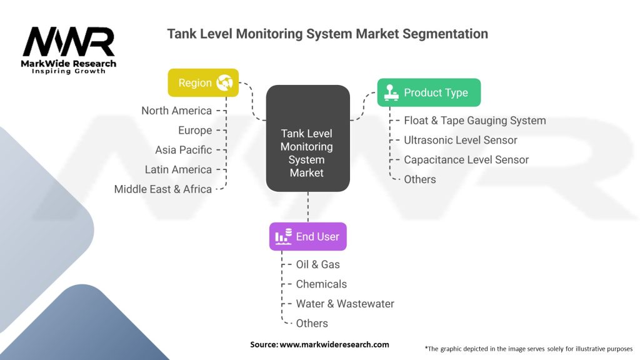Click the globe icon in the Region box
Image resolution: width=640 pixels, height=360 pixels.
[224, 82]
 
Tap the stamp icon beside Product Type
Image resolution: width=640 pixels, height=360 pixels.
[391, 92]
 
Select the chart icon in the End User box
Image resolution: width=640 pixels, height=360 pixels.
[283, 236]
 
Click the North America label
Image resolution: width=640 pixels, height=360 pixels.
[176, 111]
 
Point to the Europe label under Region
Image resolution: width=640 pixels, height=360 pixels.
[195, 130]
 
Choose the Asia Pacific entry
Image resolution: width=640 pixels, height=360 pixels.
[183, 150]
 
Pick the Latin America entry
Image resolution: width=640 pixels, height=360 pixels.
[178, 169]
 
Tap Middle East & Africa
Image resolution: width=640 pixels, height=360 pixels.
[163, 189]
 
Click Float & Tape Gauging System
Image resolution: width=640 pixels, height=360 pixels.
[475, 121]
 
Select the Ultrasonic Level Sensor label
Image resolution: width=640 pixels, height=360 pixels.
[461, 140]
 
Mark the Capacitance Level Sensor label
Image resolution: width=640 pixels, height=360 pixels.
[466, 159]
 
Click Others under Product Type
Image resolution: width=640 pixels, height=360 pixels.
[419, 179]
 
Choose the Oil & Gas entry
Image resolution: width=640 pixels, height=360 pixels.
[317, 264]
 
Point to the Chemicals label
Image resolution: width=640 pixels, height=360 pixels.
[321, 284]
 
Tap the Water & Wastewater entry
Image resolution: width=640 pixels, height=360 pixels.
[345, 304]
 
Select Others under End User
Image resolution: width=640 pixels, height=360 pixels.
[312, 323]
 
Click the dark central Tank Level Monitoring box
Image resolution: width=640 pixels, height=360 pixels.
[307, 138]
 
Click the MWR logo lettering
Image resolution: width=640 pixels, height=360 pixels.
[69, 42]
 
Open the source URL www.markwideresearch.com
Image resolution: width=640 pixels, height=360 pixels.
[334, 344]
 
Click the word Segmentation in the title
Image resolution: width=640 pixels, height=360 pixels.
[445, 34]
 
